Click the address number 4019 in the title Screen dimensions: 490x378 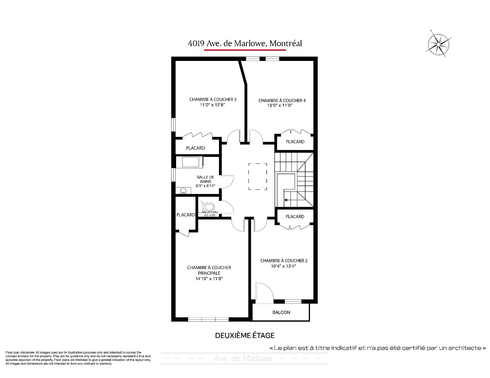[x=196, y=43]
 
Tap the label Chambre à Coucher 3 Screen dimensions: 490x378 [x=213, y=99]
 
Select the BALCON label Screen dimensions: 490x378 [x=281, y=312]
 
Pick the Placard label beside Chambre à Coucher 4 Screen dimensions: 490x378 [x=295, y=142]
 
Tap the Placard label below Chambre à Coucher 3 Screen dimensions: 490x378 [x=195, y=148]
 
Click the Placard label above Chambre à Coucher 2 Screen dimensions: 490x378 [x=295, y=217]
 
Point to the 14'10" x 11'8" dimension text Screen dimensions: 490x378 [x=209, y=279]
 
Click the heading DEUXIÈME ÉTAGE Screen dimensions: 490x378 [x=245, y=335]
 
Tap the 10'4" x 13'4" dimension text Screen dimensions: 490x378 [x=284, y=266]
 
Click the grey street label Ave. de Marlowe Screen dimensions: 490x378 [x=243, y=359]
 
